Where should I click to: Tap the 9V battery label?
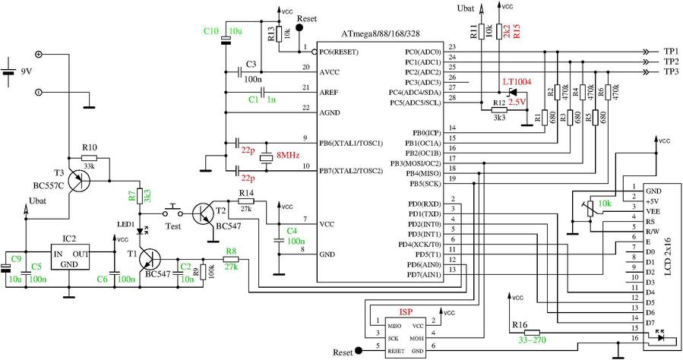click(x=27, y=73)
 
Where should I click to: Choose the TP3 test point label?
click(x=671, y=71)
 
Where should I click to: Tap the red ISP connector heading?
click(x=406, y=311)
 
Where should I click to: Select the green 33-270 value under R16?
click(x=533, y=341)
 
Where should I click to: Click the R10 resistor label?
click(x=90, y=147)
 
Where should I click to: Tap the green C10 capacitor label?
click(x=211, y=30)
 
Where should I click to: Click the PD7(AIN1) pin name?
click(x=422, y=273)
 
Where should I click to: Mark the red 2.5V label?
click(x=517, y=101)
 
